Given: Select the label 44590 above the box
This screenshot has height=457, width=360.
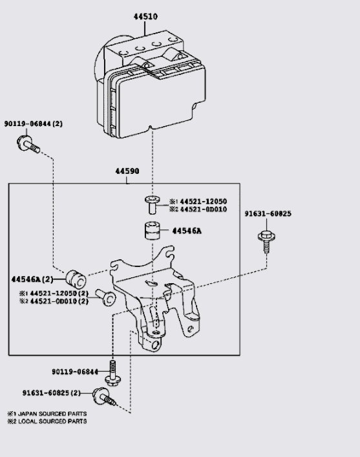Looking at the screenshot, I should click(127, 172).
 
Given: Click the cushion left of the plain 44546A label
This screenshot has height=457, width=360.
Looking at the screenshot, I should click(153, 231).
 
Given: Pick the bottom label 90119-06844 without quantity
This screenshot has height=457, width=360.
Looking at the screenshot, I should click(75, 372).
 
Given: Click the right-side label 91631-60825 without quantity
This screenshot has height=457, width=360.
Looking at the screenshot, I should click(268, 214).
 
